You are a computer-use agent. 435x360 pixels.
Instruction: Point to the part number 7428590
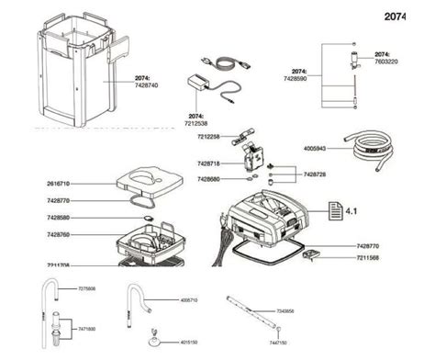(305, 78)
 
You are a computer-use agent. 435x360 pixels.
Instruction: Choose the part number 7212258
(207, 137)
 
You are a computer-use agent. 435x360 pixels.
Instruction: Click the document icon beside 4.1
(329, 212)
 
